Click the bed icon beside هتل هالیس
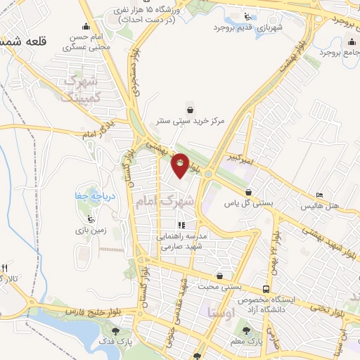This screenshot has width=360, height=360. coord(320,195)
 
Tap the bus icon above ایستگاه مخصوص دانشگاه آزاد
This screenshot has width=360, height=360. coord(266,288)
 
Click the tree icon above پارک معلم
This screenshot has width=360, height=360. coord(245,329)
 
